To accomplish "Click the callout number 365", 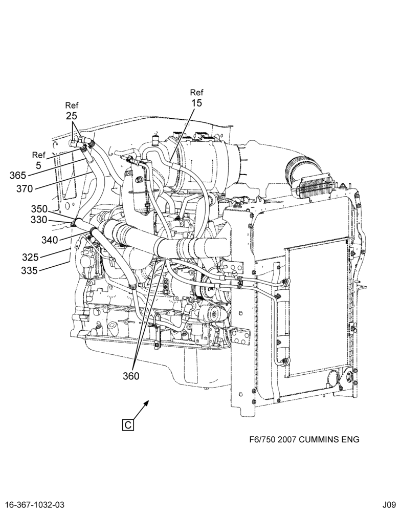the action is point(17,175).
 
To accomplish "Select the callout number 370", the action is point(25,188).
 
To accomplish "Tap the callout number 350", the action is point(39,209).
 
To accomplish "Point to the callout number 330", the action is point(39,220).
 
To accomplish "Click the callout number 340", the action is point(50,240).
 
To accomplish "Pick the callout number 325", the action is point(30,258).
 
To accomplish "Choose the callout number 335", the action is point(29,270).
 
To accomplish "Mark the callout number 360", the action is point(131,376).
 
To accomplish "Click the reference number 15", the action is point(197,103).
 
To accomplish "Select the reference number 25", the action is point(72,116).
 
